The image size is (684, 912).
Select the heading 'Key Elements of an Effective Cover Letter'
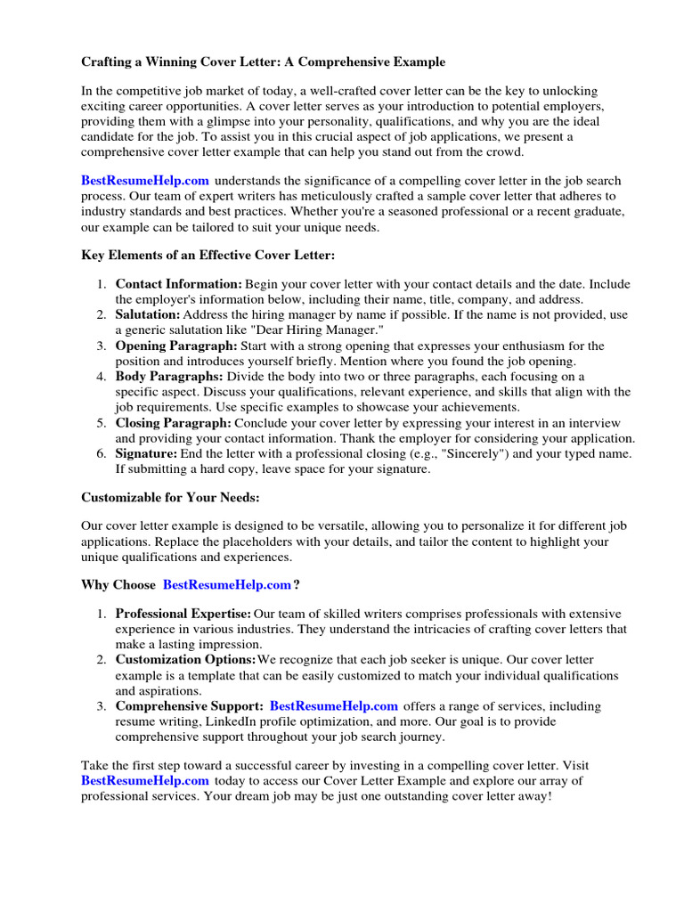(208, 256)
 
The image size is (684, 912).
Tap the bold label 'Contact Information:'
(178, 284)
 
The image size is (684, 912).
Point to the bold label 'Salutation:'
(148, 315)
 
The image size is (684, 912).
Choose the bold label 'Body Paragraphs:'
(169, 377)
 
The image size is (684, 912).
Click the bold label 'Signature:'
(146, 454)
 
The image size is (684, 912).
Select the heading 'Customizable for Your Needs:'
(170, 497)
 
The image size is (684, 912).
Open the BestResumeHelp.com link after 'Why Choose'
(227, 585)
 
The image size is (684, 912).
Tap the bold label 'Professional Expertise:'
(183, 614)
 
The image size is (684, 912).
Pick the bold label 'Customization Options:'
(185, 660)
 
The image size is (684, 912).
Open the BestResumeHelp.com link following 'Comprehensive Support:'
(334, 706)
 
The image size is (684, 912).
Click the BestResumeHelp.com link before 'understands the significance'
(145, 181)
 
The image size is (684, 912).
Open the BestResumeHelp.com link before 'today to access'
(145, 780)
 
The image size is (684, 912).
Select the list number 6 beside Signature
(101, 454)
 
